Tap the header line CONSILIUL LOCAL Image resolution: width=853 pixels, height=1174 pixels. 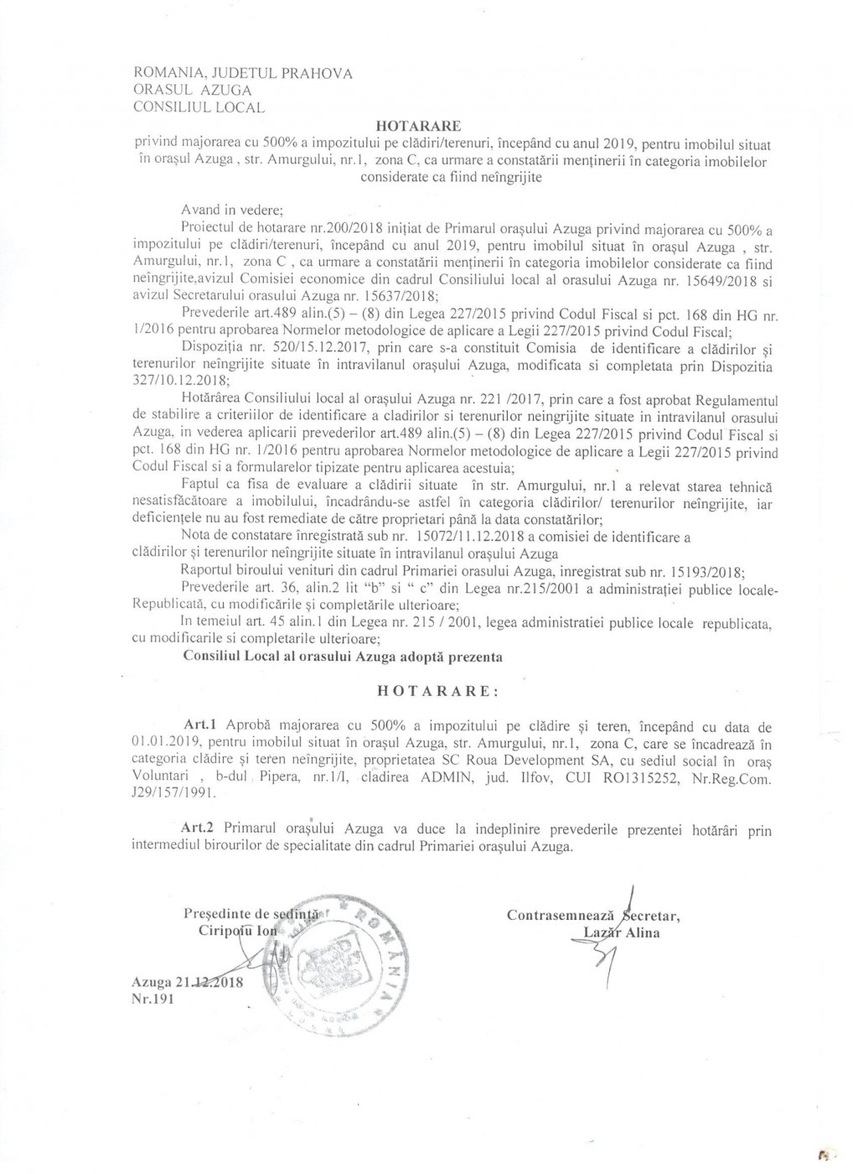(x=199, y=106)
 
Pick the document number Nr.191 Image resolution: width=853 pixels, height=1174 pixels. (x=151, y=998)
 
